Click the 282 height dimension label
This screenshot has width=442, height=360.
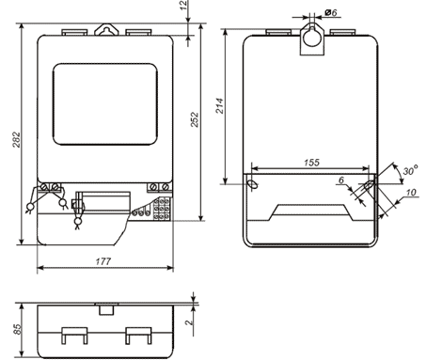[16, 140]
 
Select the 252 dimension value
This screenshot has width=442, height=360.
[195, 119]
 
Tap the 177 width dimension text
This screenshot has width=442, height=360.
[103, 261]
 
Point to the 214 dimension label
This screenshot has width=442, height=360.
[220, 105]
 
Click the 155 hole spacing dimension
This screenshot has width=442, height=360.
[311, 163]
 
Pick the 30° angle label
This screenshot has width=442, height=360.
[411, 170]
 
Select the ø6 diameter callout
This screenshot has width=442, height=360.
[331, 12]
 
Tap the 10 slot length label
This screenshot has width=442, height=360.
[411, 192]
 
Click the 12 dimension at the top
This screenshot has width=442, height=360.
[184, 5]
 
